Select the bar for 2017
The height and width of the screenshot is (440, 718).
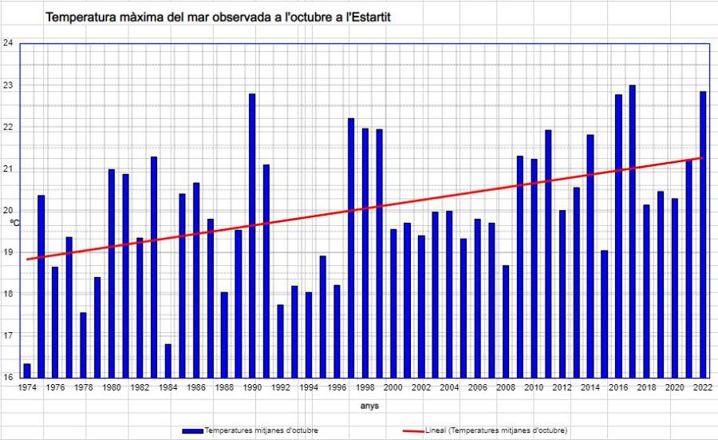pos(632,232)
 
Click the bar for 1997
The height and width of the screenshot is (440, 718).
pos(350,248)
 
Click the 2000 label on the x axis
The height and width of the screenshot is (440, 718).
pos(393,387)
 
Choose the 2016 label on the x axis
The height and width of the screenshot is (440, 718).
pos(617,387)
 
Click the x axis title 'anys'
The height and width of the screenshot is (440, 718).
pos(369,406)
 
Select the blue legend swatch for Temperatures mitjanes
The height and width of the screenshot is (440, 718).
pos(193,430)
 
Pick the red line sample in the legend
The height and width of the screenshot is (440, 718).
pos(424,430)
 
